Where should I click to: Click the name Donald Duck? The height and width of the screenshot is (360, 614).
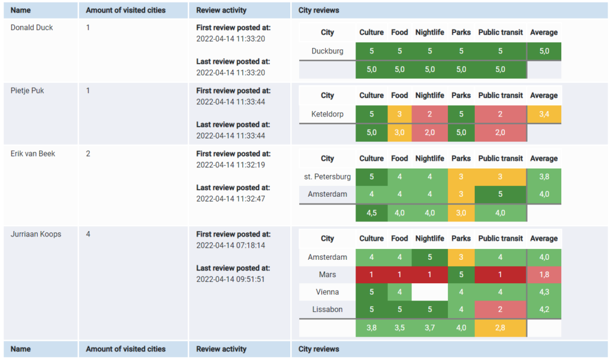[32, 28]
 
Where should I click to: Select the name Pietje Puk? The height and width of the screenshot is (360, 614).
[28, 91]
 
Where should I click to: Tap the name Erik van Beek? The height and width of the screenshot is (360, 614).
[33, 154]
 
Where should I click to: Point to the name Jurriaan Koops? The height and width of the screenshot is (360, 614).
[36, 234]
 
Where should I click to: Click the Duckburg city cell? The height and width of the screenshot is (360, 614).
[327, 51]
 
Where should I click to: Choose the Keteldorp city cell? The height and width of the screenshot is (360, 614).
[327, 114]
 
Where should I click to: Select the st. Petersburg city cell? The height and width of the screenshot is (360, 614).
[327, 177]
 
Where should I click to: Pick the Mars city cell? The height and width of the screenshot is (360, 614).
[327, 275]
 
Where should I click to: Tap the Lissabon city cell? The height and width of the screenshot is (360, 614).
[327, 310]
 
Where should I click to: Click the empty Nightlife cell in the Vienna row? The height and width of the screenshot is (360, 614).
[429, 292]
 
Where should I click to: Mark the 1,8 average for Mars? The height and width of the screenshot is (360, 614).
[544, 275]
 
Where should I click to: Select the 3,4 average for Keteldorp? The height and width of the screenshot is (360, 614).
[544, 114]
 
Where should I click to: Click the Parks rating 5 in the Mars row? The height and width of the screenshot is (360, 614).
[460, 275]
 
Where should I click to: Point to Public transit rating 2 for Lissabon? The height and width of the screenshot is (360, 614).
[500, 310]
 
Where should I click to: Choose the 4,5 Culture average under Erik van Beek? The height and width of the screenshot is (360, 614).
[371, 212]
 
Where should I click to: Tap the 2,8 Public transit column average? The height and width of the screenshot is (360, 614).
[500, 328]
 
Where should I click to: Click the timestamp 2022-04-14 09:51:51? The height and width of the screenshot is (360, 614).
[230, 279]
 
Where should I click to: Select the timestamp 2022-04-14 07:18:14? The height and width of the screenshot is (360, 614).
[230, 245]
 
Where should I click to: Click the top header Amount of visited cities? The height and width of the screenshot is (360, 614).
[126, 10]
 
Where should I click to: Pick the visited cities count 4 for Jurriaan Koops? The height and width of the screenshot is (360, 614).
[88, 234]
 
